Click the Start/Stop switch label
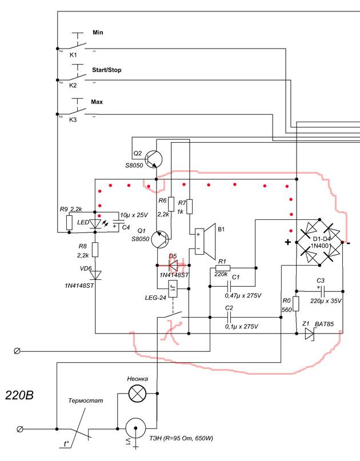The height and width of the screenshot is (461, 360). point(106,70)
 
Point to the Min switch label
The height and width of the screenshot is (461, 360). point(97,34)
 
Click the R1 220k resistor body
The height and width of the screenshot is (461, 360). point(223,267)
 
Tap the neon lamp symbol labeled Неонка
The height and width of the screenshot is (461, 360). point(137,392)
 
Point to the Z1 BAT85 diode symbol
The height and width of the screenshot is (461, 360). point(310,334)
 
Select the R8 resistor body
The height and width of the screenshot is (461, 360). point(95,249)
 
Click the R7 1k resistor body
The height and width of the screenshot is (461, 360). point(189,207)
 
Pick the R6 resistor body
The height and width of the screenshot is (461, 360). point(171,202)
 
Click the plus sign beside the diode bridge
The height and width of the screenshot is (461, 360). point(288,242)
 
